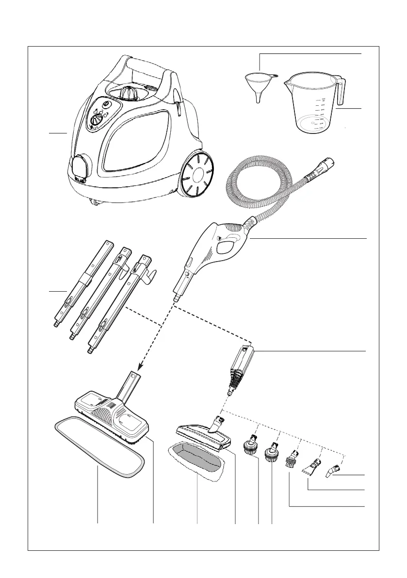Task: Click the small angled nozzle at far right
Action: (x=333, y=470)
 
